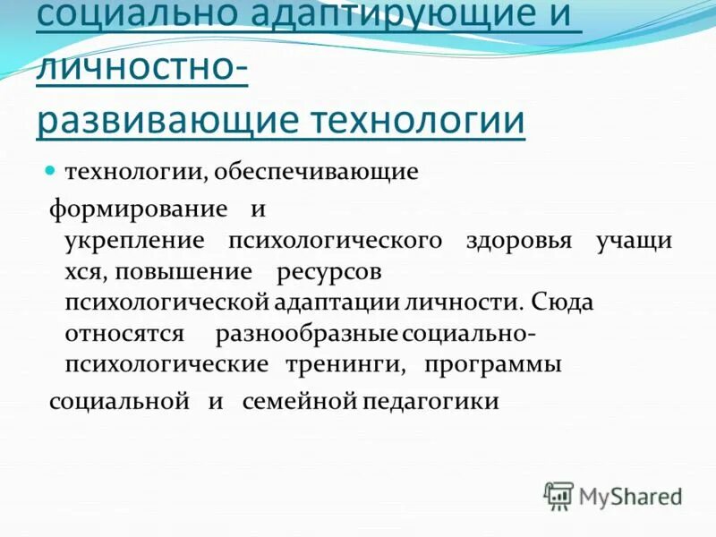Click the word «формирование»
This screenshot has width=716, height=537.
pos(139,209)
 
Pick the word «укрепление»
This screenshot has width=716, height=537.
pos(135,241)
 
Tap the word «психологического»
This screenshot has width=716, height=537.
pos(336,241)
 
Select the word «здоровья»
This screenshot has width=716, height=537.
pos(519,241)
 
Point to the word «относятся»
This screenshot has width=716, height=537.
pos(124,334)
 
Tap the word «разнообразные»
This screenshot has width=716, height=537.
pos(306,334)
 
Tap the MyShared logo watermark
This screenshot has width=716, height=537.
pos(614,495)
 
